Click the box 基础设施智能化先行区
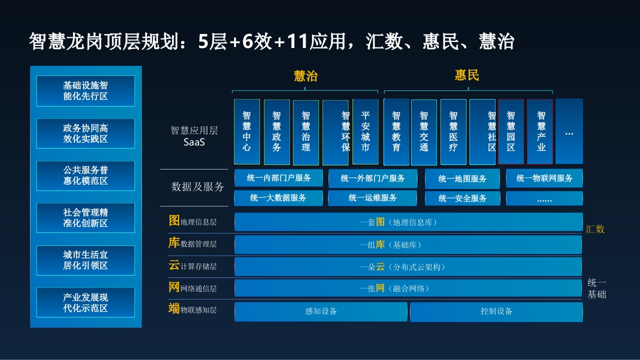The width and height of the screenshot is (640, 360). coord(85,91)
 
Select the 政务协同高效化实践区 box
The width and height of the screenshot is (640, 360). coord(85,133)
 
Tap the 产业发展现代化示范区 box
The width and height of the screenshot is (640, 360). coord(85,302)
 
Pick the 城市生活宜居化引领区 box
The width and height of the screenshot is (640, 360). coord(85,260)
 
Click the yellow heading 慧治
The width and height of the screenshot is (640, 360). coord(305,76)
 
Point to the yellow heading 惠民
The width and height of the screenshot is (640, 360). coord(467,75)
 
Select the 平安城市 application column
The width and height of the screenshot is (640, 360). coord(365,131)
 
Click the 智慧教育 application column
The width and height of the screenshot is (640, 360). coord(396,131)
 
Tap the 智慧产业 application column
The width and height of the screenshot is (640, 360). coord(540,131)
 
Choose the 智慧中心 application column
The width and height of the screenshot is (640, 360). coord(247,131)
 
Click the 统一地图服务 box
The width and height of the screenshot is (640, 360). coord(462,179)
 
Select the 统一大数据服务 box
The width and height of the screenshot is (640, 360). coord(278,198)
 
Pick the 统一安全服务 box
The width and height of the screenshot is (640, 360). coord(462,198)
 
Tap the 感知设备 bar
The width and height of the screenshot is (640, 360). coord(321,311)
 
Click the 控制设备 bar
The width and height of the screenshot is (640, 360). coord(496,311)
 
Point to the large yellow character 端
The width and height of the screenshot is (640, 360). coord(174,308)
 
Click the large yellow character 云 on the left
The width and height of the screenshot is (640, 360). coord(174,265)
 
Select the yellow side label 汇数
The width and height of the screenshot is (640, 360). coord(595,229)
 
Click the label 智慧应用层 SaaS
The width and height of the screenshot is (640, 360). coord(194,136)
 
